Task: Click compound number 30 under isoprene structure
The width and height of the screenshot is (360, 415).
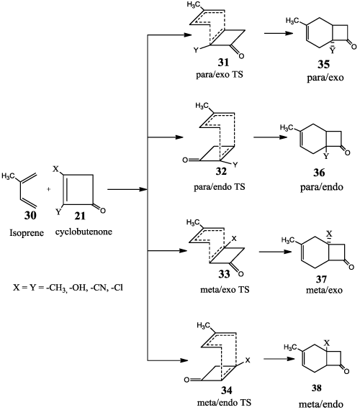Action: click(x=30, y=216)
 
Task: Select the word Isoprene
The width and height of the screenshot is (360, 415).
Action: click(x=27, y=233)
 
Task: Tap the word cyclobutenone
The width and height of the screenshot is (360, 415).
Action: click(x=84, y=232)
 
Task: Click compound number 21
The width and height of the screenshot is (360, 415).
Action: click(x=80, y=216)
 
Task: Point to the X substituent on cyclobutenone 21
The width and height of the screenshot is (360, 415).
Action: click(x=55, y=169)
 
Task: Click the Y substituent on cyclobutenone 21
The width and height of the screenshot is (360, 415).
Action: click(x=58, y=211)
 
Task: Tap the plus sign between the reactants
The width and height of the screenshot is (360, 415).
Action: click(x=49, y=189)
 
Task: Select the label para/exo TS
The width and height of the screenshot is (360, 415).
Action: click(x=220, y=75)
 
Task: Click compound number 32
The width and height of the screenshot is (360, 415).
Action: click(x=221, y=171)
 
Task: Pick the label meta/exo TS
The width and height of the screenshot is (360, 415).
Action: click(x=225, y=290)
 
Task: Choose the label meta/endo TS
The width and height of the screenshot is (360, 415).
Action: click(x=224, y=403)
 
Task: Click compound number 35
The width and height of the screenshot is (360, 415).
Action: click(x=324, y=64)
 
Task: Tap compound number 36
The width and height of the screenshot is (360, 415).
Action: click(x=319, y=173)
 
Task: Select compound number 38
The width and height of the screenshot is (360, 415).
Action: click(x=317, y=388)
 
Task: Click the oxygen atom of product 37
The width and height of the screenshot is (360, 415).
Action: click(x=351, y=267)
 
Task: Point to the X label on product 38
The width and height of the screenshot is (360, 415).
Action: click(x=327, y=343)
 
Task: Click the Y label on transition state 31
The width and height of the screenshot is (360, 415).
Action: click(x=196, y=50)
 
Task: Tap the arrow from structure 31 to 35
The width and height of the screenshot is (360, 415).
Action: click(x=279, y=33)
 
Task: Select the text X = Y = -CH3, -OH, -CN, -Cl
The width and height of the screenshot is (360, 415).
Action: click(x=68, y=288)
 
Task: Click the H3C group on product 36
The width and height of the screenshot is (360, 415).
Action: click(x=287, y=128)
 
